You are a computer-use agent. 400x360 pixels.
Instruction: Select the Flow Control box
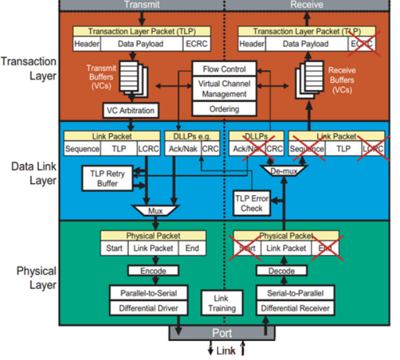pos(219,69)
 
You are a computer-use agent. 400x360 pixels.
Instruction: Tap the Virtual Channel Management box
pos(219,89)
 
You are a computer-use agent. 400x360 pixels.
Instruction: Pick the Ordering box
pos(219,108)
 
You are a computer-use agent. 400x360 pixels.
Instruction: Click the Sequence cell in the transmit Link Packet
pos(83,150)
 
